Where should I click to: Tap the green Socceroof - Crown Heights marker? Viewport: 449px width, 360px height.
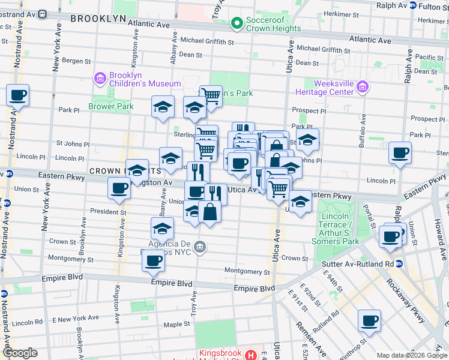pos(237,24)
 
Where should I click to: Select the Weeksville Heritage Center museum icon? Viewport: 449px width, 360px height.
pos(362,88)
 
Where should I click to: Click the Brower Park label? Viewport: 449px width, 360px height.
pos(110,106)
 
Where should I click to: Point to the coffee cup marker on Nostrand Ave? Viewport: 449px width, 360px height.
pos(18,95)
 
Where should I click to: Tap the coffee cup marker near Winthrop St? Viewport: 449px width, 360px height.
pos(370,320)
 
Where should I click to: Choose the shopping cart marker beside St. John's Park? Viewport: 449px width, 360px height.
pos(211,95)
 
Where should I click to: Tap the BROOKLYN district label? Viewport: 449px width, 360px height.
pos(98,19)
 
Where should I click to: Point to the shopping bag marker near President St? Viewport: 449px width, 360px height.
pos(209,212)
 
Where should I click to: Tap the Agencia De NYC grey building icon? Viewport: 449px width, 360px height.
pos(201,247)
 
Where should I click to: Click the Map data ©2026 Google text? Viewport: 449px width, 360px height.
pos(412,355)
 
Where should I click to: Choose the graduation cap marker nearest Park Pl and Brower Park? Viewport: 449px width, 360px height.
pos(163,107)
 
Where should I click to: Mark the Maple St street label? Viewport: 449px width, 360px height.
pos(176,324)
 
